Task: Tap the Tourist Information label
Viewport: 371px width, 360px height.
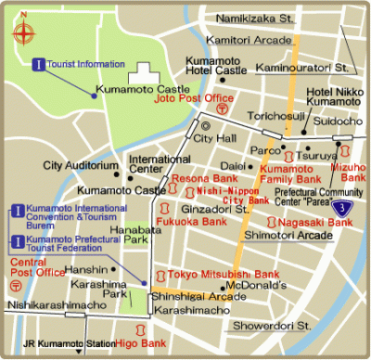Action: pyautogui.click(x=85, y=63)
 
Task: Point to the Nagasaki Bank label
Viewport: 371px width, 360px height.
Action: pyautogui.click(x=314, y=223)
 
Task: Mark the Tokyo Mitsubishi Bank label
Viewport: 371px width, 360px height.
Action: pyautogui.click(x=224, y=275)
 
